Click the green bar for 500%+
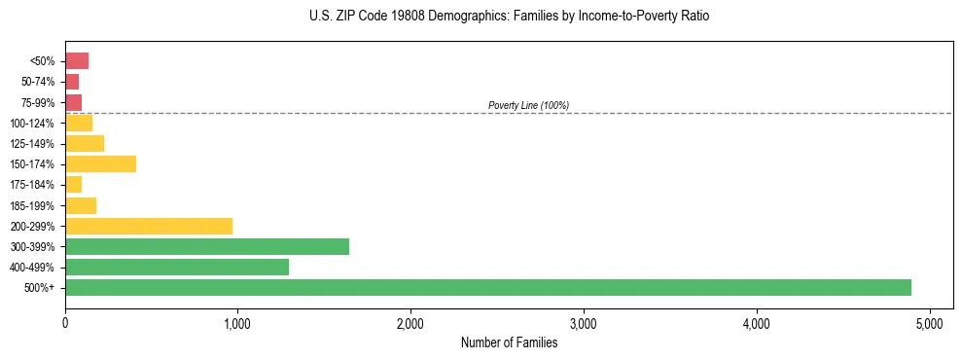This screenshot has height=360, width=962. (x=488, y=287)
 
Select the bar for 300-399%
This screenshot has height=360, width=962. (x=207, y=246)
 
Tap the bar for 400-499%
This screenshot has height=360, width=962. (x=177, y=267)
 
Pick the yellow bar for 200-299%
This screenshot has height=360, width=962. (x=149, y=226)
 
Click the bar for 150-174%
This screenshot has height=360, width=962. (x=101, y=164)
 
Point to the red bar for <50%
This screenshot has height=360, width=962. (x=77, y=61)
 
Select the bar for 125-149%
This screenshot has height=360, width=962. (x=85, y=144)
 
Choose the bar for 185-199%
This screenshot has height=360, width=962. (x=81, y=205)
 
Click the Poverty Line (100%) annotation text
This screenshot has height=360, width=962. (x=528, y=105)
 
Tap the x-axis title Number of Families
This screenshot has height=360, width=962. (x=509, y=342)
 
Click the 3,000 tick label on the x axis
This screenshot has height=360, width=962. (x=584, y=323)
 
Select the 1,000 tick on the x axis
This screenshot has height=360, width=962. (x=238, y=323)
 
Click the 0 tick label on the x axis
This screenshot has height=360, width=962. (x=65, y=323)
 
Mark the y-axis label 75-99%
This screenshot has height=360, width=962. (x=38, y=103)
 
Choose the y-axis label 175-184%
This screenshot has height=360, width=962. (x=33, y=185)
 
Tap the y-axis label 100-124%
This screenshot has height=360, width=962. (x=33, y=124)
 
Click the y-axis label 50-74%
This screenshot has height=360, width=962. (x=38, y=82)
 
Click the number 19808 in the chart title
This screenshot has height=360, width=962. (x=397, y=17)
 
